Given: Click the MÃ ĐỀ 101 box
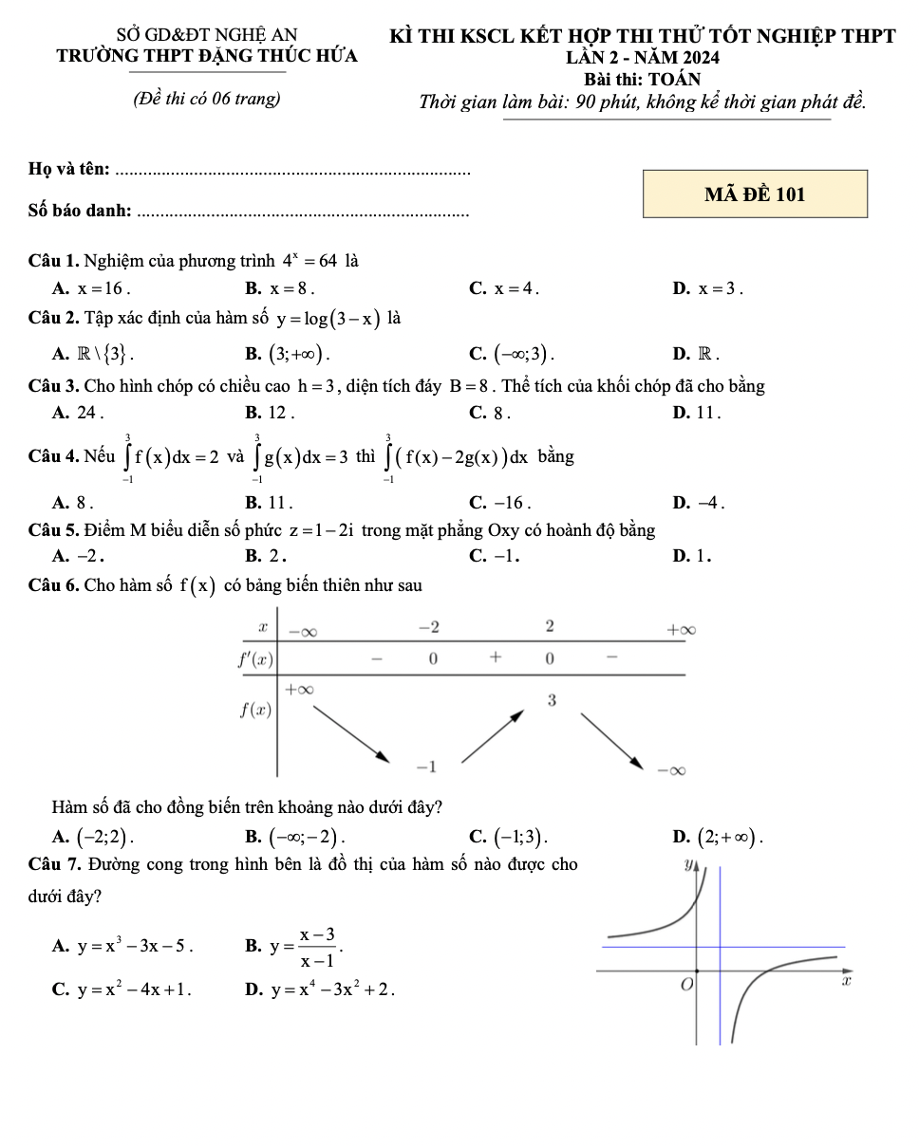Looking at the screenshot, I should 755,194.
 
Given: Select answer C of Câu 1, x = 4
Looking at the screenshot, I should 506,287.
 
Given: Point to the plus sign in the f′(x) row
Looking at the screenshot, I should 493,656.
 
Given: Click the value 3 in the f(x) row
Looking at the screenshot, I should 551,700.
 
